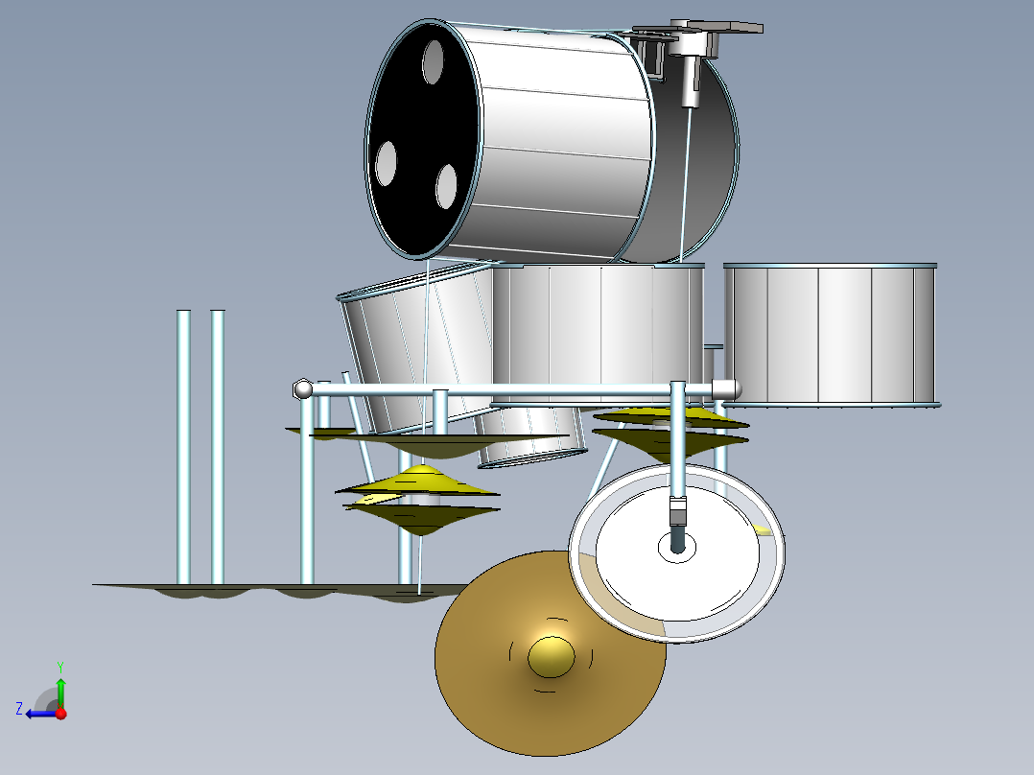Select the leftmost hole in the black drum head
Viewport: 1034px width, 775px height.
[387, 164]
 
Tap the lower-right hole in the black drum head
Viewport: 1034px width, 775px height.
[446, 186]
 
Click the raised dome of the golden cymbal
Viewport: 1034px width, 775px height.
[551, 656]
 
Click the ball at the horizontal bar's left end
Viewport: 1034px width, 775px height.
[302, 388]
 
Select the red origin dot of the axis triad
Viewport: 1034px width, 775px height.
[60, 713]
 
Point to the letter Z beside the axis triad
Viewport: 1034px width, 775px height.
[19, 709]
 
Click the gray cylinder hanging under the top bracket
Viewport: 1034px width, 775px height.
[690, 82]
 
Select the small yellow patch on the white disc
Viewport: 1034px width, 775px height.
[762, 529]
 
